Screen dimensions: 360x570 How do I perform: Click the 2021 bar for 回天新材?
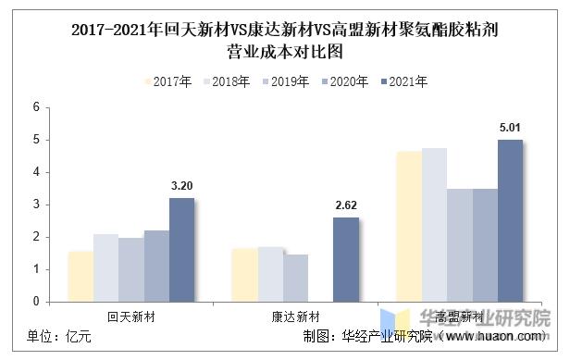[x=181, y=250]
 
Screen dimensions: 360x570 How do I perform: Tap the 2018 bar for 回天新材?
[x=105, y=267]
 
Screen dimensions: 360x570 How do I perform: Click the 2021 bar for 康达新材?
[x=345, y=259]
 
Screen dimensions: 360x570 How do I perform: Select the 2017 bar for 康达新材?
[x=244, y=275]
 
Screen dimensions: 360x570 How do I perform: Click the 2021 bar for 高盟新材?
[x=510, y=220]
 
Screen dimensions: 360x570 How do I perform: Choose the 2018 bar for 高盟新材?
[x=434, y=225]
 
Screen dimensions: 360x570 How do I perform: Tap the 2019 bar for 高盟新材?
[x=459, y=245]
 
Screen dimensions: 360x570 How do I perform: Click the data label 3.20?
[x=181, y=186]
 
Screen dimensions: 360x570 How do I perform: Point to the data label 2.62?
[x=345, y=205]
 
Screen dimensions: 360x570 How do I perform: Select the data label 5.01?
[x=510, y=128]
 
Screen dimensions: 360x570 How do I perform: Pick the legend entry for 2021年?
[x=404, y=81]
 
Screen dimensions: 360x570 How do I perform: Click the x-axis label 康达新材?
[x=294, y=317]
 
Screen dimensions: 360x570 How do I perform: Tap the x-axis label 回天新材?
[x=130, y=317]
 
